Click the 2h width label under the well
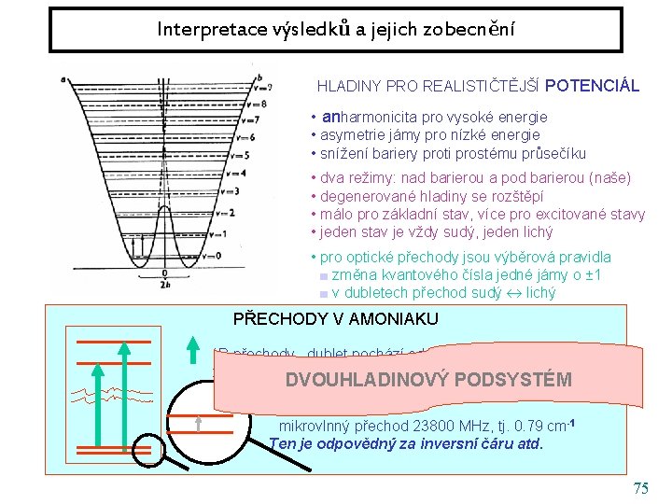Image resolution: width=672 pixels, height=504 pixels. [x=164, y=285]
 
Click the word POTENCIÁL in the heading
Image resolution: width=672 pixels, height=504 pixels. [x=592, y=86]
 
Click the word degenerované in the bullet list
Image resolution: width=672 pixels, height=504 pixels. [x=362, y=196]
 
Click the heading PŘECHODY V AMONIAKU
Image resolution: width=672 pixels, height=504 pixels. [x=335, y=319]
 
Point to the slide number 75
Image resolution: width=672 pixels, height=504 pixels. [x=639, y=489]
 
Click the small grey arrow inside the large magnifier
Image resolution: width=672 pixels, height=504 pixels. [x=201, y=425]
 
